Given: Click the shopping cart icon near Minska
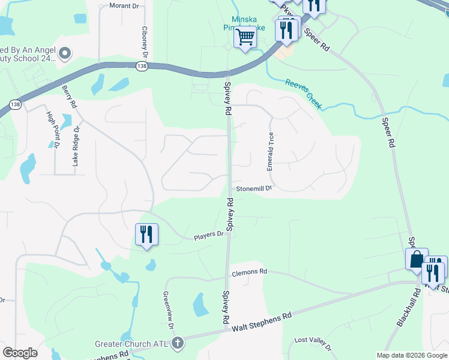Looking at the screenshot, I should (245, 37).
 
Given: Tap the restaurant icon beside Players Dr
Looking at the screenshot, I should (146, 235).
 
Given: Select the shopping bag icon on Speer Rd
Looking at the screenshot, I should (417, 259).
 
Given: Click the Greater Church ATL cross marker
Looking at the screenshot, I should (177, 344).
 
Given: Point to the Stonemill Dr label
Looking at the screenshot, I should (254, 188).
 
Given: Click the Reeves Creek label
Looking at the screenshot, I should (304, 94).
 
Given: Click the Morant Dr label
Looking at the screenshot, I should (124, 6).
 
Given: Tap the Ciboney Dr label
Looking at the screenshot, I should (145, 40).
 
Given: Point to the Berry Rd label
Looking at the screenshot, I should (70, 97).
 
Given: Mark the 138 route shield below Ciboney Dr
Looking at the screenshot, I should (142, 65).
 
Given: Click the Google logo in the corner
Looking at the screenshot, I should (20, 353).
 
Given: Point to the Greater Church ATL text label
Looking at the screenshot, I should (131, 344).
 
